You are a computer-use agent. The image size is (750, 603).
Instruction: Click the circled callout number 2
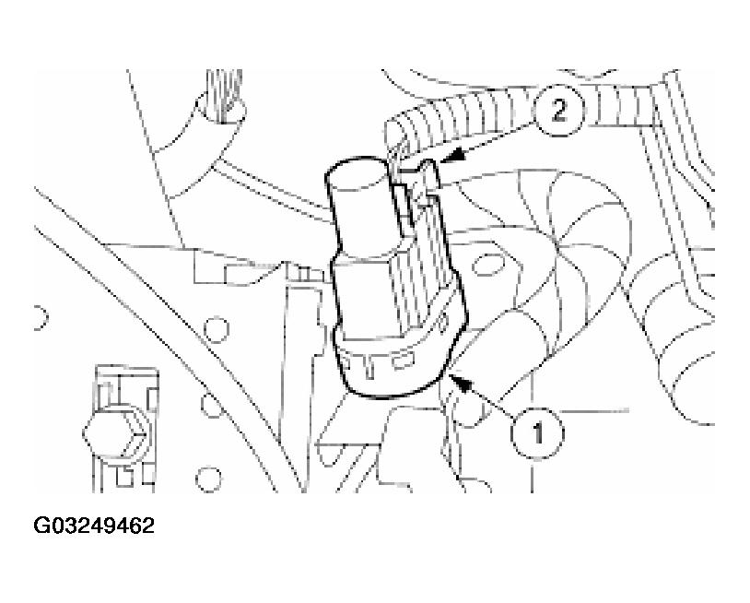click(557, 112)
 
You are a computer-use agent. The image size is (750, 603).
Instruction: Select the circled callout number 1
click(538, 433)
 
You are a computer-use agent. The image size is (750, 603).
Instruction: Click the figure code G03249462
click(94, 526)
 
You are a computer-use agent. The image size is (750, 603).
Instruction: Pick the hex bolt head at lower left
click(114, 432)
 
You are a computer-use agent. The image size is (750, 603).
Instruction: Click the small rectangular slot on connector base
click(403, 361)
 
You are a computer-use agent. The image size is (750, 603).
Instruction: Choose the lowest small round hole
click(209, 479)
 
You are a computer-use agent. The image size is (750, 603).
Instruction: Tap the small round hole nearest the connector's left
click(217, 330)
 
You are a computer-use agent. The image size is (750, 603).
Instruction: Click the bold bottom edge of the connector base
click(397, 393)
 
